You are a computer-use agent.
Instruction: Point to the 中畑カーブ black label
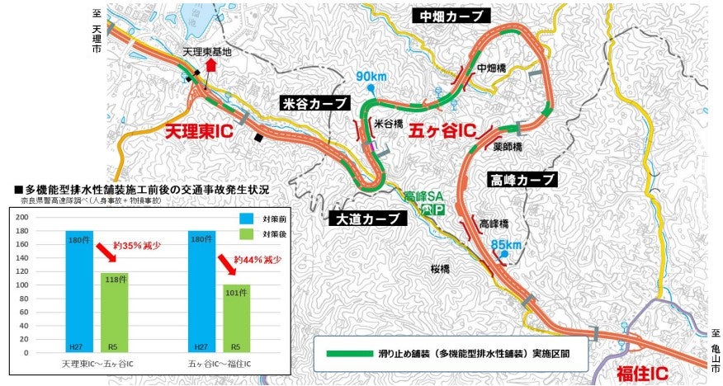pyautogui.click(x=453, y=16)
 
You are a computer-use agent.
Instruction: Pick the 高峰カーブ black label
pyautogui.click(x=523, y=179)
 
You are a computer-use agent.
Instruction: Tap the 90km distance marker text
pyautogui.click(x=371, y=77)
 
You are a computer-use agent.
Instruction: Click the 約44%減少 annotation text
pyautogui.click(x=253, y=260)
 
